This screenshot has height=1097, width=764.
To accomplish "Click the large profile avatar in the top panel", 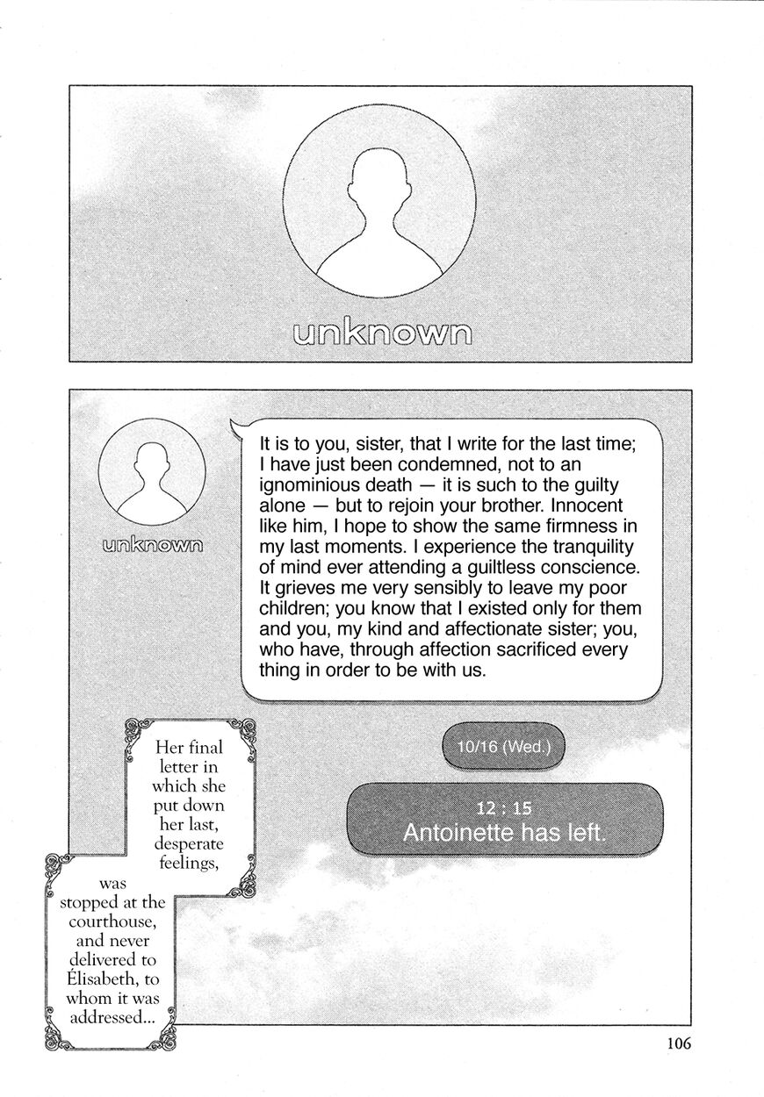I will tap(379, 202).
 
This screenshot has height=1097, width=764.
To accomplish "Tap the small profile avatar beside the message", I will tap(152, 471).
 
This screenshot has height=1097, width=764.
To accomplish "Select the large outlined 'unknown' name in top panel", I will tap(380, 333).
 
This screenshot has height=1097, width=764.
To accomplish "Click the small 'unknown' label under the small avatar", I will tap(152, 544).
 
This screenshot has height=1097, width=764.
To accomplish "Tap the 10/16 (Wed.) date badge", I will tap(503, 748).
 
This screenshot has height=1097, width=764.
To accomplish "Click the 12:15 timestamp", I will tap(504, 809).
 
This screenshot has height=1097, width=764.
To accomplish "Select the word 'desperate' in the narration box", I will tap(189, 844).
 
